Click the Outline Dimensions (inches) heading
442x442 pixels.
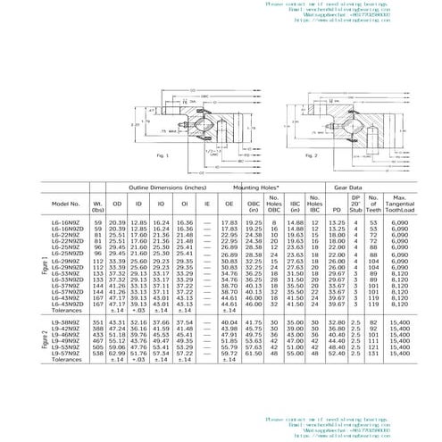click(x=166, y=188)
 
